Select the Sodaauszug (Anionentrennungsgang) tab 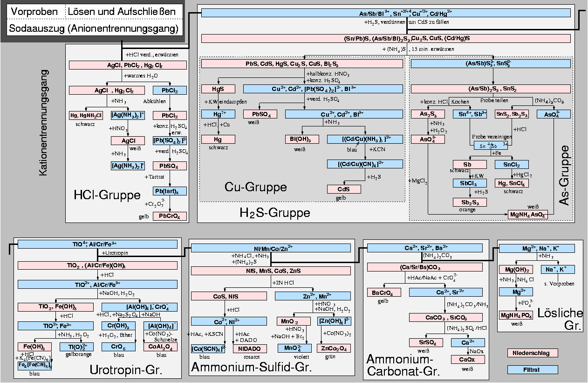pos(94,28)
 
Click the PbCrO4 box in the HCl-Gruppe pos(170,216)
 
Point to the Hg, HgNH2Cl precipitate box pos(86,115)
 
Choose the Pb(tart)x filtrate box pos(170,191)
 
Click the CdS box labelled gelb pos(344,189)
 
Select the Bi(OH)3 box pos(301,139)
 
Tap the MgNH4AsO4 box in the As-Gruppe pos(527,215)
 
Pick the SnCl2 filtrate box pos(511,164)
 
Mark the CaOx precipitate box pos(467,359)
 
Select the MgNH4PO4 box pos(516,315)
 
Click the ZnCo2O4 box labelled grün pos(333,348)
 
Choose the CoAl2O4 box pos(160,347)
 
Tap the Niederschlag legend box pos(533,353)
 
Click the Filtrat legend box pos(533,369)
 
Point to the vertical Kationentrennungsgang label pos(43,123)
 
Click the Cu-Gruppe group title pos(256,187)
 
